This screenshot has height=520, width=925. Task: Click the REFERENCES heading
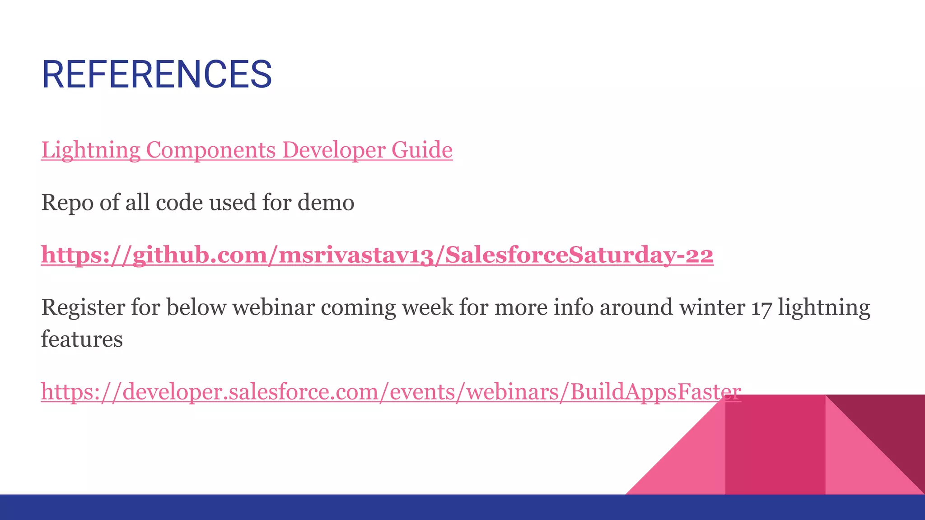click(157, 74)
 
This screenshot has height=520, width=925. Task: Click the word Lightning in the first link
click(90, 150)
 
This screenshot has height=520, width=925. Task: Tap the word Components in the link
click(210, 150)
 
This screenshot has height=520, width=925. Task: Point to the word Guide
click(422, 150)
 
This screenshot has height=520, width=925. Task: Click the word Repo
click(68, 203)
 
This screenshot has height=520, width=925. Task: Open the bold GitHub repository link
click(377, 255)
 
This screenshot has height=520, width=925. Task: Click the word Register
click(83, 308)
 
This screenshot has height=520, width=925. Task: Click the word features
click(82, 339)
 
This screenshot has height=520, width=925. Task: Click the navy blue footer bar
click(462, 507)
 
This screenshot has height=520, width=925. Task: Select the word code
click(179, 203)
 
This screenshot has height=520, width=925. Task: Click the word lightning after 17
click(824, 308)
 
